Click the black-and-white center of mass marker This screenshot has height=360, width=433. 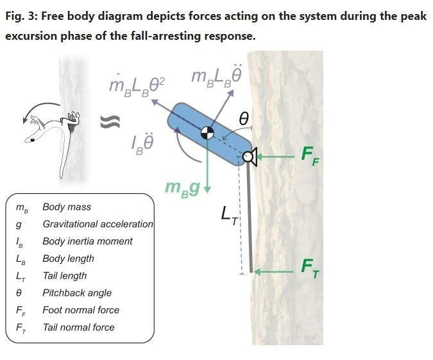(207, 133)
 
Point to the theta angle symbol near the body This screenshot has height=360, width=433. (243, 118)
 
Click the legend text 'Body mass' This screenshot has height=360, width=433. (67, 207)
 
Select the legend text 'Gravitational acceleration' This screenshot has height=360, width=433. (98, 224)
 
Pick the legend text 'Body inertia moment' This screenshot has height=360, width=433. (87, 241)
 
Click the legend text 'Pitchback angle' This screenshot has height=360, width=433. (77, 293)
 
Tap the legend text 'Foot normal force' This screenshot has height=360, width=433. (81, 310)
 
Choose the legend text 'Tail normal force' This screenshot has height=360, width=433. (78, 327)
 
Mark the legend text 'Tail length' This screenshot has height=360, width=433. (64, 276)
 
